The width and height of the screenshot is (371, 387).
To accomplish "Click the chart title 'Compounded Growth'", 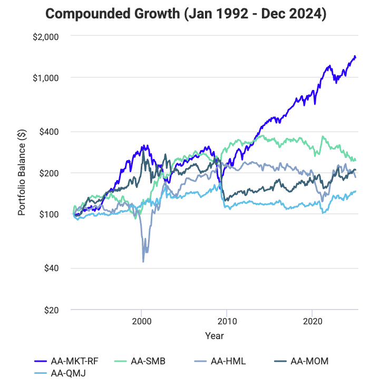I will [185, 14].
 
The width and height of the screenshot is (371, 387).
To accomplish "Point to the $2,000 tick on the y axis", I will [46, 36].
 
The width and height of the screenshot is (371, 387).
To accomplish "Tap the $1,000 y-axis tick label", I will [46, 77].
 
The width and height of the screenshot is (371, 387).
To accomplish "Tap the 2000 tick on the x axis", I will [141, 321].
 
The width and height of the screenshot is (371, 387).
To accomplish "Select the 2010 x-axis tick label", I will [227, 321].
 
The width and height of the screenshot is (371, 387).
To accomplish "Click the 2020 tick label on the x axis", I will [313, 321].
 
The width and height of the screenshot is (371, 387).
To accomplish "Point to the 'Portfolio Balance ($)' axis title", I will [22, 173].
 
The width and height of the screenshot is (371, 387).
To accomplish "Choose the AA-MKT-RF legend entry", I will [74, 361].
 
